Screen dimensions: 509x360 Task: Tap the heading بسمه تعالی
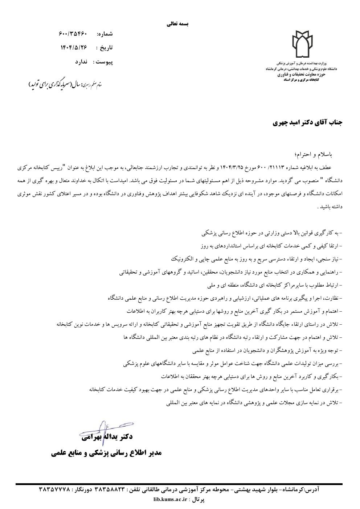pos(178,24)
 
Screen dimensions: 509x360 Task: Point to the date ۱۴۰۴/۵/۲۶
pos(74,48)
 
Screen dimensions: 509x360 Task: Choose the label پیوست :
pos(103,62)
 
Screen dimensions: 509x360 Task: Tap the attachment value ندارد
pos(81,62)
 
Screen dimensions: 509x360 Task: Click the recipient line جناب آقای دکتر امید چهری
pos(307,123)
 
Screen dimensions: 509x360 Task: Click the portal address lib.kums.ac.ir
pos(170,500)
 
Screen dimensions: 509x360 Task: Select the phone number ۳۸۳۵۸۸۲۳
pos(109,490)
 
